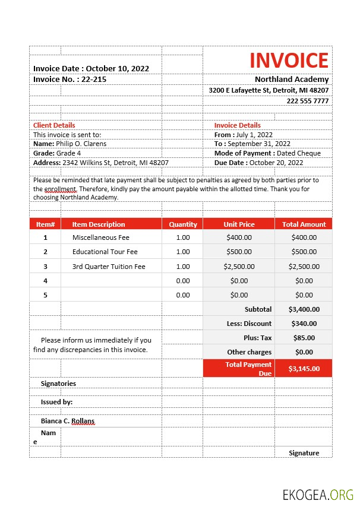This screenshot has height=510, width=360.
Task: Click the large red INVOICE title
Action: pyautogui.click(x=289, y=61)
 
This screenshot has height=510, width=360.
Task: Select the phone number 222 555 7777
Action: pyautogui.click(x=307, y=101)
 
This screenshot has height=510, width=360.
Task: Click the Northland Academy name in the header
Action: pyautogui.click(x=291, y=79)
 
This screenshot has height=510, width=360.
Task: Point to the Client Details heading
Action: pyautogui.click(x=54, y=125)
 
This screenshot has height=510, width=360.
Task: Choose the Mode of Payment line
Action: pyautogui.click(x=267, y=153)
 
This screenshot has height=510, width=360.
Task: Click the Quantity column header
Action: pyautogui.click(x=182, y=224)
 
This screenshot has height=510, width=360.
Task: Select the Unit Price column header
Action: pyautogui.click(x=239, y=224)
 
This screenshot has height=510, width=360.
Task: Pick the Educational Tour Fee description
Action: pyautogui.click(x=105, y=252)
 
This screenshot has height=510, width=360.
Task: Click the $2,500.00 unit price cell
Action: pyautogui.click(x=239, y=267)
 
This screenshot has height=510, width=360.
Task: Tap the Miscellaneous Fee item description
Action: pyautogui.click(x=100, y=237)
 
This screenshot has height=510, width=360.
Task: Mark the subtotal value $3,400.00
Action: pyautogui.click(x=304, y=309)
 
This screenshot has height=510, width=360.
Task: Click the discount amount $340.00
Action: pyautogui.click(x=304, y=324)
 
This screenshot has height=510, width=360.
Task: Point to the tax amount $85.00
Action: pyautogui.click(x=304, y=338)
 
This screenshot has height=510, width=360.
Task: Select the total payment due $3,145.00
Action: pyautogui.click(x=304, y=369)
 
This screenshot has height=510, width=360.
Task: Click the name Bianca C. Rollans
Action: pyautogui.click(x=67, y=421)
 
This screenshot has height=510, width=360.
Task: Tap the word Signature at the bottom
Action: pyautogui.click(x=304, y=453)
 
